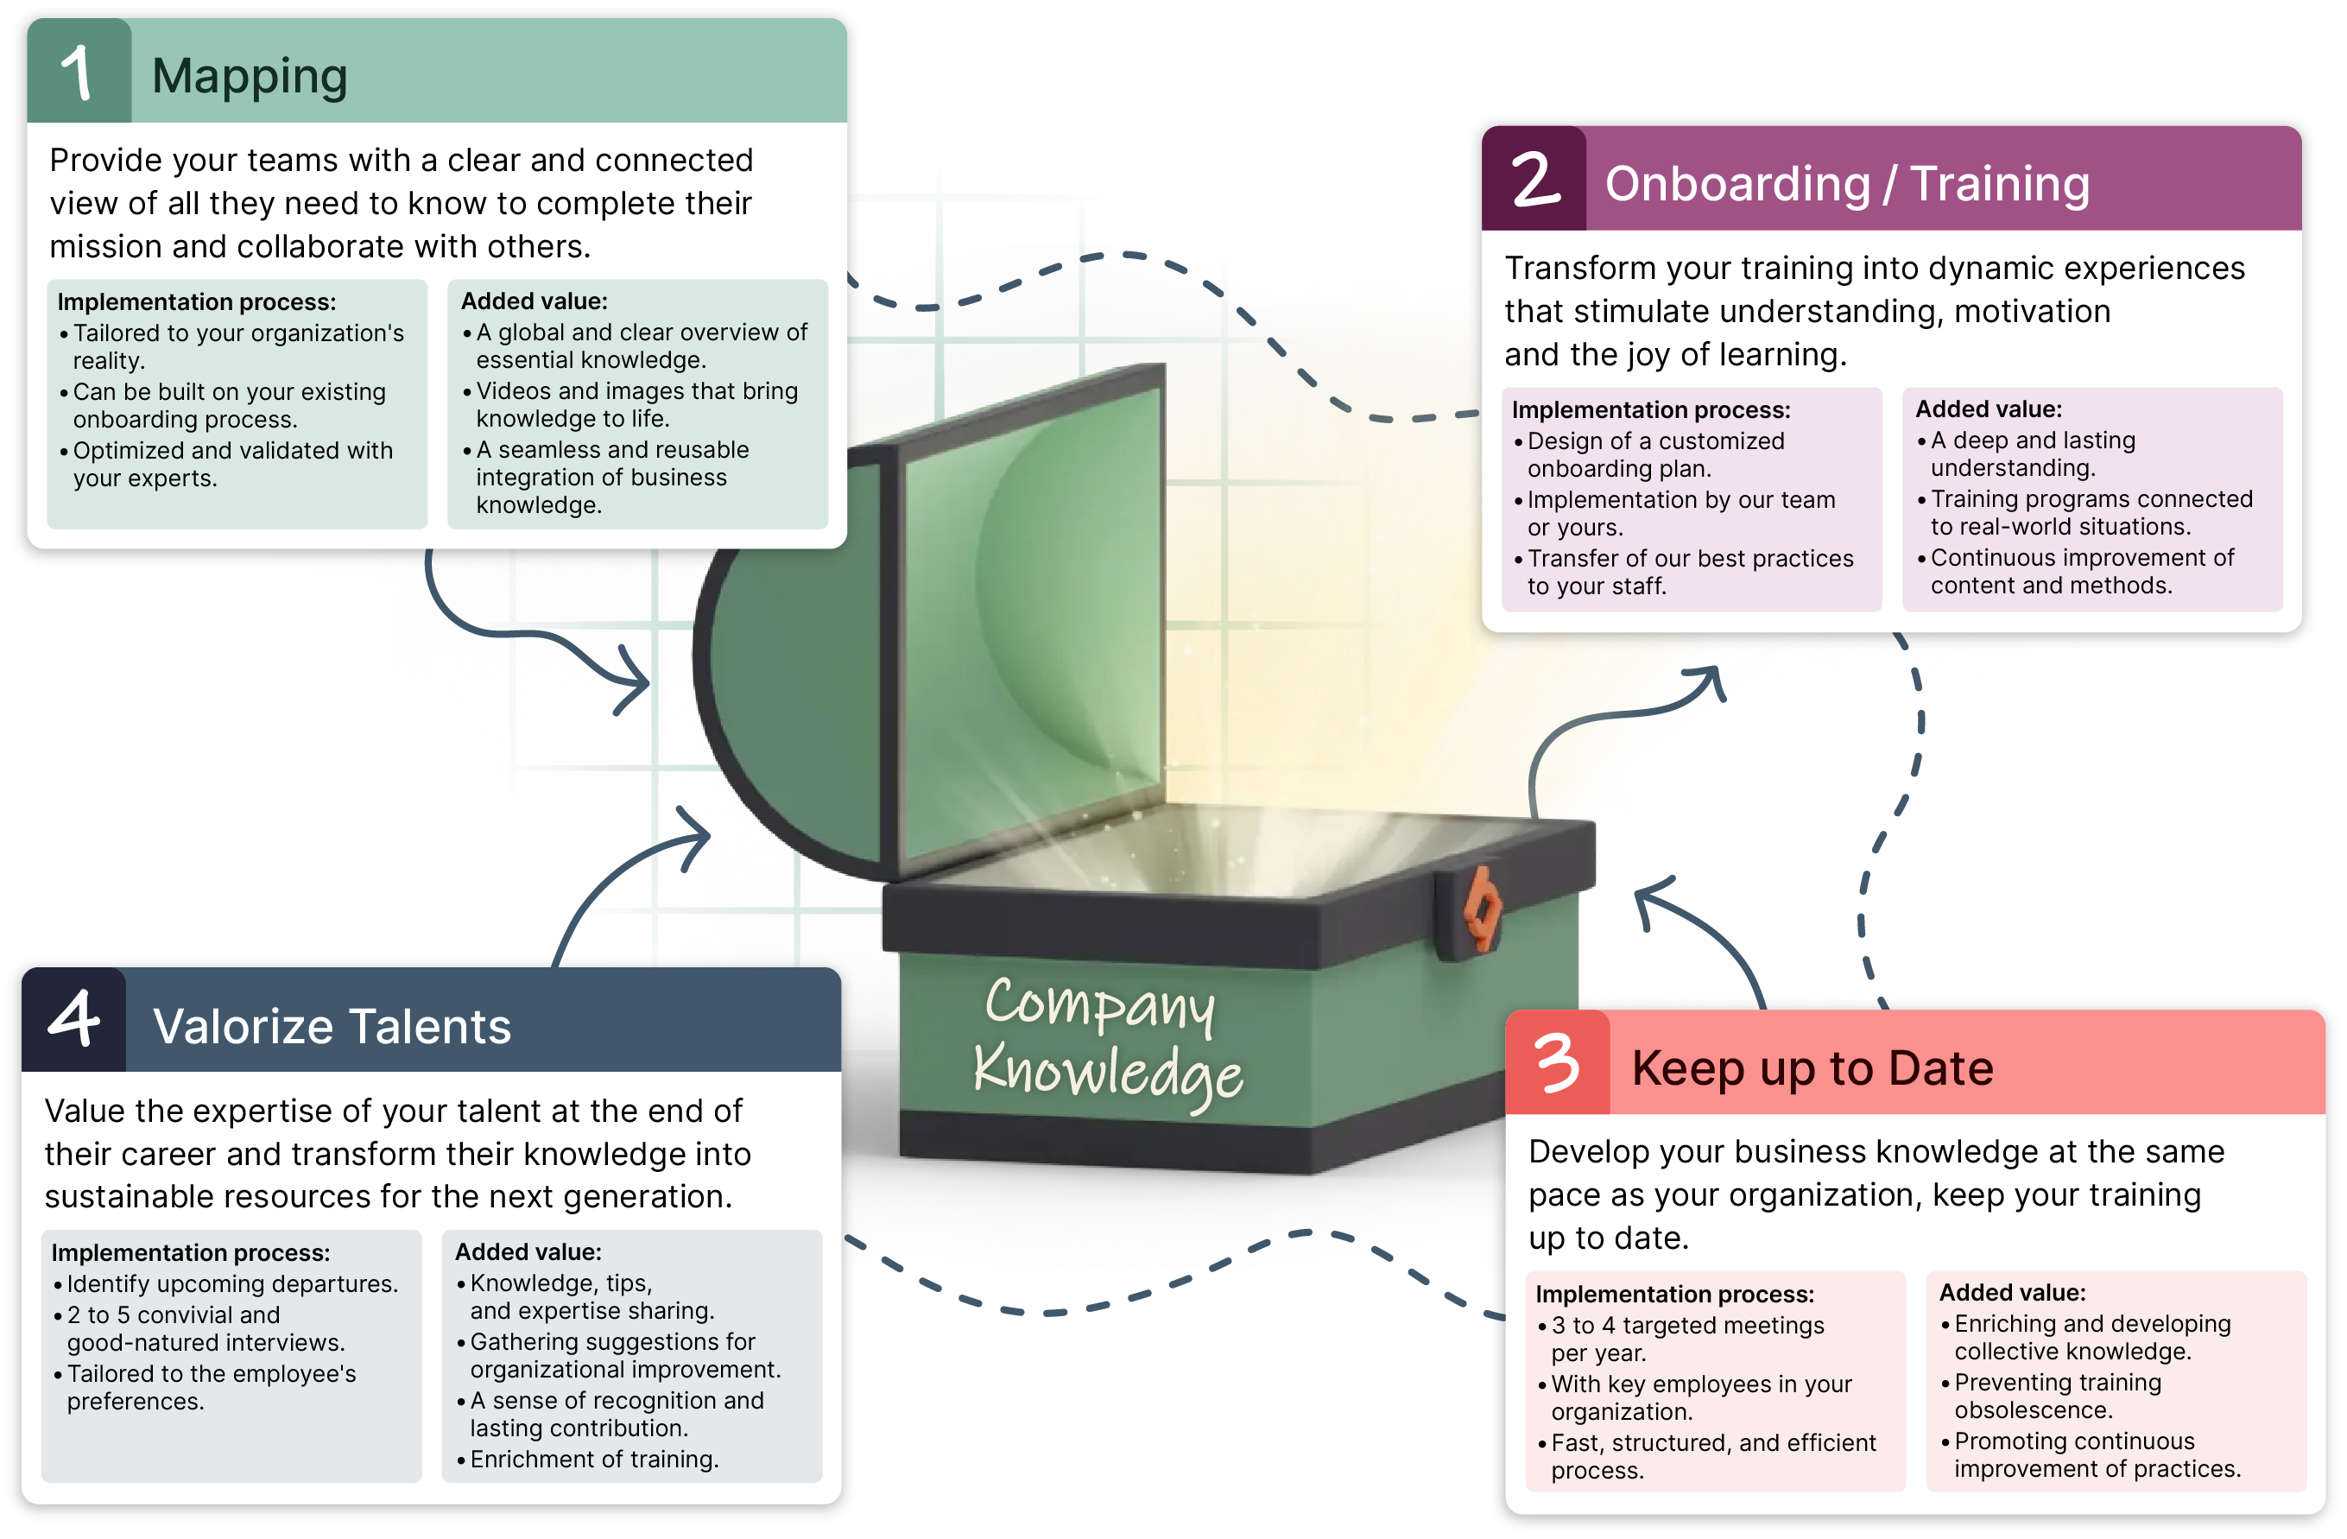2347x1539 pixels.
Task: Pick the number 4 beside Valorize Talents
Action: [x=74, y=1019]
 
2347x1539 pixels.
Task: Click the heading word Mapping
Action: [x=250, y=76]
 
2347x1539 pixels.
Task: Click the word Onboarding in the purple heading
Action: [x=1737, y=185]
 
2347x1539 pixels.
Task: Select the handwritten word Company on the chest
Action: [x=1099, y=1005]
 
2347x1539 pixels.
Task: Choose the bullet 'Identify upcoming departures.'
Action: [x=231, y=1283]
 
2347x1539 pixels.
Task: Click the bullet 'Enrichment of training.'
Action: [x=593, y=1459]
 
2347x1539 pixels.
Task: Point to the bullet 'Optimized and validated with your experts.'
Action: [x=231, y=465]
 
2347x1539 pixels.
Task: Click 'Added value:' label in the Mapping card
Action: [x=534, y=301]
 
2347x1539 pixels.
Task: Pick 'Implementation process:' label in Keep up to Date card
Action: [x=1673, y=1294]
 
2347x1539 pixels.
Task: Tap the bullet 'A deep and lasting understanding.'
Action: [x=2032, y=453]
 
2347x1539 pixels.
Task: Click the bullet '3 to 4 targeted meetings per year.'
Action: [x=1686, y=1339]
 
